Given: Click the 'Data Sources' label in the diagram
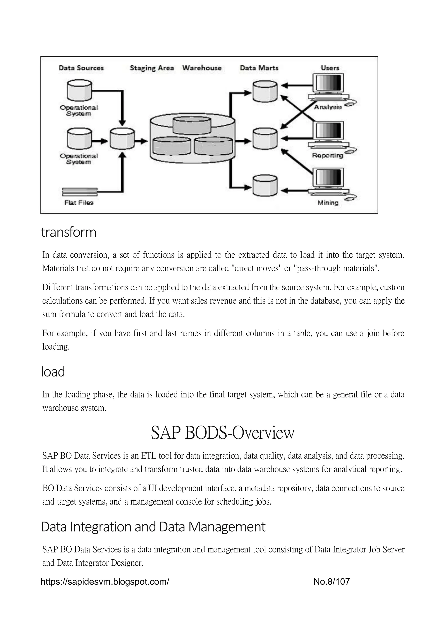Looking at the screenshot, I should click(81, 68).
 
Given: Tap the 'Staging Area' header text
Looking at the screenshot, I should click(152, 68).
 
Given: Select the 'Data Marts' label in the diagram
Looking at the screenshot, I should click(259, 68).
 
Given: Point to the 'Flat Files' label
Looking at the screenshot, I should click(79, 203).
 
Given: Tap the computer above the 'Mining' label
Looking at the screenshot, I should click(329, 182).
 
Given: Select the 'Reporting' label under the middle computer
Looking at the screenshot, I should click(328, 156).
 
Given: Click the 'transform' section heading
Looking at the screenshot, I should click(69, 232).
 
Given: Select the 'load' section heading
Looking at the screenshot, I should click(53, 372).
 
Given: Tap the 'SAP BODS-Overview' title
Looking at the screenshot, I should click(223, 433).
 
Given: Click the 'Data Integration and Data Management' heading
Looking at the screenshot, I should click(153, 527).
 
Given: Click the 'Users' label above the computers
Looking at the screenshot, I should click(330, 68).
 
